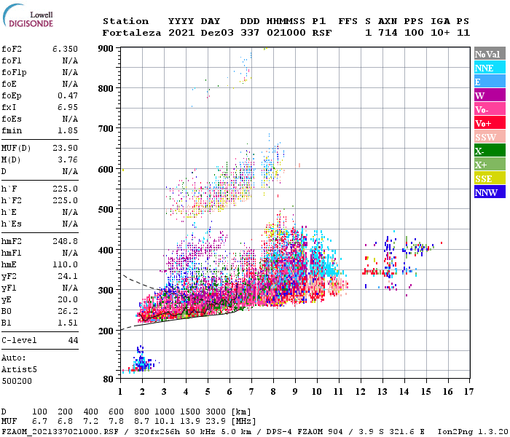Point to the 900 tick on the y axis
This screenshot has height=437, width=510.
coord(106,49)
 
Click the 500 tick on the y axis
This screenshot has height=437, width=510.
coord(106,210)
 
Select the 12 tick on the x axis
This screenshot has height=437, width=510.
coord(359,391)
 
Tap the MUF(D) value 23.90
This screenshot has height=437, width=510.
coord(65,148)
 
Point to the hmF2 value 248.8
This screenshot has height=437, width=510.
coord(65,241)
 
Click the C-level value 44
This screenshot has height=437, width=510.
coord(72,340)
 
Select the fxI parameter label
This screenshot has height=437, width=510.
coord(9,107)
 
